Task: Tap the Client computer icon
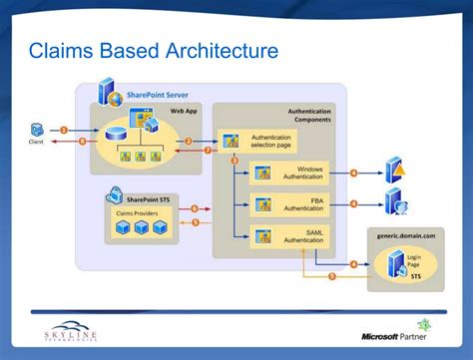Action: click(x=37, y=129)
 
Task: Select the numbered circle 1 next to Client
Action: click(x=64, y=130)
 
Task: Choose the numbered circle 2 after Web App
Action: click(x=188, y=141)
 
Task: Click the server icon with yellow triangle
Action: click(x=395, y=169)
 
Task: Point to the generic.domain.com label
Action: click(x=406, y=235)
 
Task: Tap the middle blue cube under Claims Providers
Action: click(x=142, y=229)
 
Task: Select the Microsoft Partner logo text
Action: click(x=395, y=336)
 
